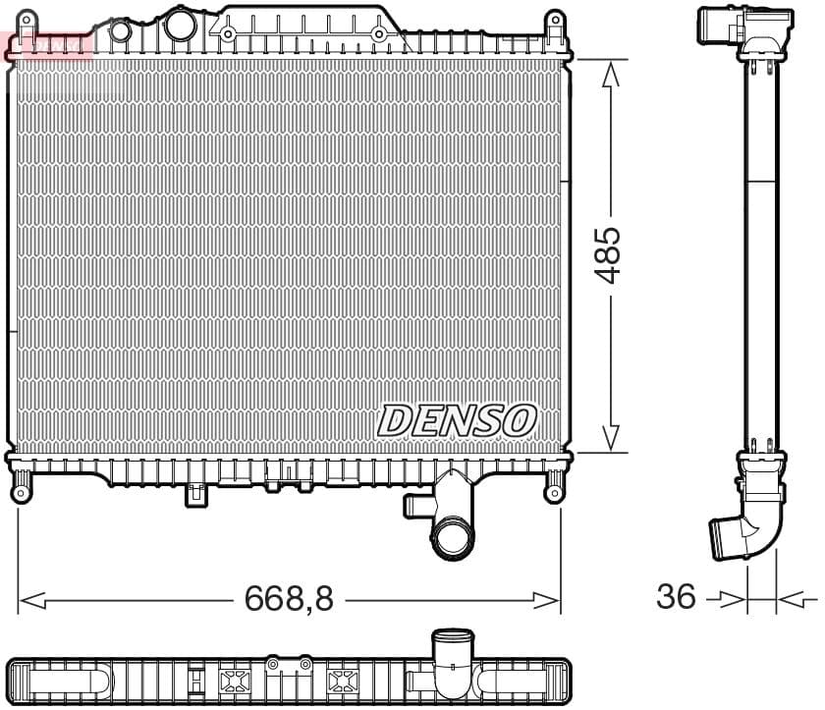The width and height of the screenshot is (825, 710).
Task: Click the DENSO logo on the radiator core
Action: pos(457,420)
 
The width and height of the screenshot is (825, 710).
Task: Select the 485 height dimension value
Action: pos(610,255)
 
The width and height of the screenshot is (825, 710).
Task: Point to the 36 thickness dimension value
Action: pos(676,595)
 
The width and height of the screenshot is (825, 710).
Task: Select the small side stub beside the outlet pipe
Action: pos(413,505)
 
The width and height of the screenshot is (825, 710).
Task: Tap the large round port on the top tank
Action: pos(180,26)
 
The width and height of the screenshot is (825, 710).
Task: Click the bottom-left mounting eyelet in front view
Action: pos(21,490)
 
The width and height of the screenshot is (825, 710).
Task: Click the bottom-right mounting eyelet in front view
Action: pos(554,490)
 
